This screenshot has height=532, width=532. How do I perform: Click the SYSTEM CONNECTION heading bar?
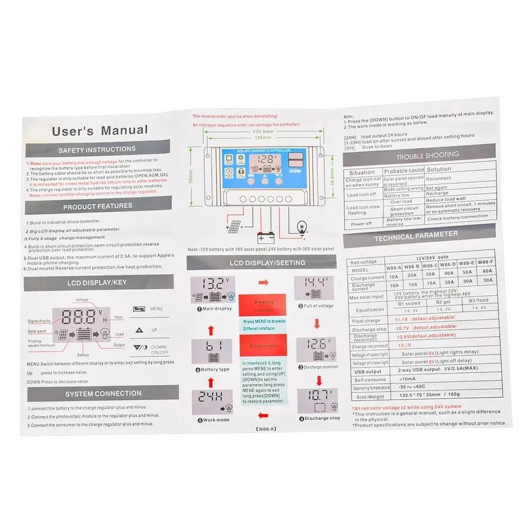click(103, 394)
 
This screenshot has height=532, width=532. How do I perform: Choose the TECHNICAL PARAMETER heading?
click(415, 236)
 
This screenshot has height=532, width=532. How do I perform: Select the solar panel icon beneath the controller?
click(234, 227)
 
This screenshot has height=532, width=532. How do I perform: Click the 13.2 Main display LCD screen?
click(212, 289)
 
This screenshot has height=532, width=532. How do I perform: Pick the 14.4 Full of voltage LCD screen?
click(314, 288)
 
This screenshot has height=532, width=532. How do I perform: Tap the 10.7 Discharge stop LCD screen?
click(317, 400)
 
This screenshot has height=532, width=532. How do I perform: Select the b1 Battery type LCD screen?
click(212, 351)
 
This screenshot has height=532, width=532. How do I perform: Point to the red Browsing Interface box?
click(264, 306)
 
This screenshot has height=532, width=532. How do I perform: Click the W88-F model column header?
click(485, 262)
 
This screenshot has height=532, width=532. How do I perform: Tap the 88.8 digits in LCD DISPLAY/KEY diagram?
click(79, 317)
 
